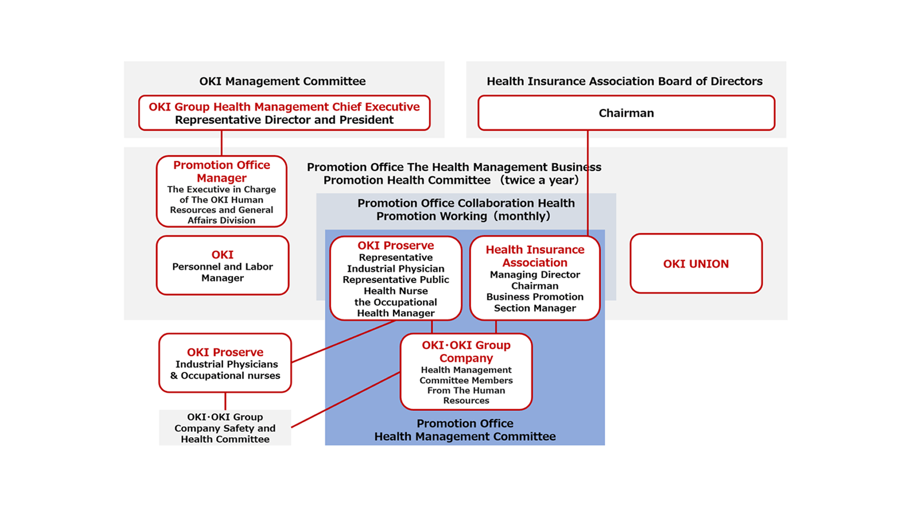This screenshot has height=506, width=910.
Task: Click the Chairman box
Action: point(626,113)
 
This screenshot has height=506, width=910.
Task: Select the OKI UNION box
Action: point(696,264)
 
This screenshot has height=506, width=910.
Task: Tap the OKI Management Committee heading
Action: point(282,81)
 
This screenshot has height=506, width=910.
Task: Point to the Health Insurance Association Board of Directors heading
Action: point(624,81)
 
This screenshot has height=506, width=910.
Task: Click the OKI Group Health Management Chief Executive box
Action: point(284,113)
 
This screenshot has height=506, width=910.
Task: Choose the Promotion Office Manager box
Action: point(222,192)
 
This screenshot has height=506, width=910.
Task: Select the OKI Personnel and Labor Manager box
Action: point(222,266)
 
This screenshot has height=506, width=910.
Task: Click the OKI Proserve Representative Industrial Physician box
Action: point(396,279)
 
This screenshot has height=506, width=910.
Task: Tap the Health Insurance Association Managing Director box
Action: point(535,279)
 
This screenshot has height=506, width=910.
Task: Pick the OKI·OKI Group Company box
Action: point(466,372)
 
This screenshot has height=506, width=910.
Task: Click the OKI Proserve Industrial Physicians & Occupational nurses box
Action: point(225,363)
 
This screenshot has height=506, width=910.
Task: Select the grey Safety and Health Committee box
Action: point(225,428)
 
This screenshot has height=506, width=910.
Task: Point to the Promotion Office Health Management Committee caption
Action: point(465,430)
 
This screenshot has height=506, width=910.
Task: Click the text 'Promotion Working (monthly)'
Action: point(463,217)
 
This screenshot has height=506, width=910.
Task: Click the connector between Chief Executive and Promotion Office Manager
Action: point(222,143)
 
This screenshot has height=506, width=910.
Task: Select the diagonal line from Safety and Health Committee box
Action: point(346,400)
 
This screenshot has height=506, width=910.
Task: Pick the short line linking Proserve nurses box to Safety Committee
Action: point(225,401)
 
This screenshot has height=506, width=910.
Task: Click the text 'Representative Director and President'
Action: point(284,120)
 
